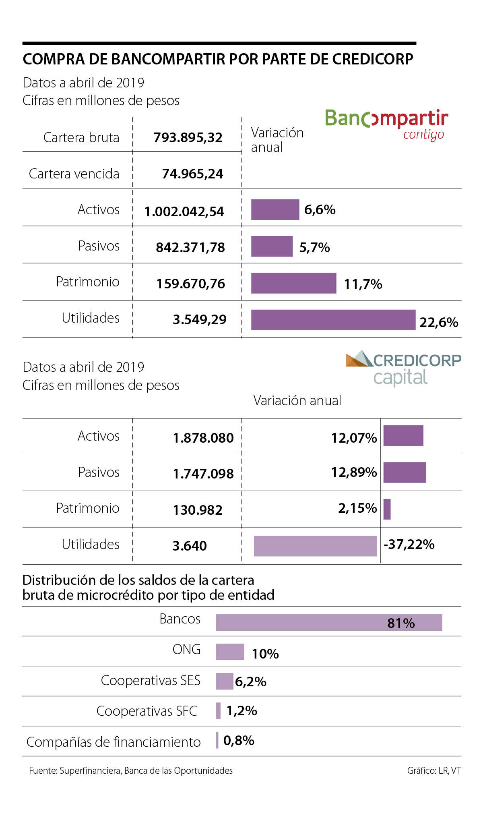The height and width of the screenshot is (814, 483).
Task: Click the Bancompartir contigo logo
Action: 386,124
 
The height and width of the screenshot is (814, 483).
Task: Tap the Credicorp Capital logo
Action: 403,368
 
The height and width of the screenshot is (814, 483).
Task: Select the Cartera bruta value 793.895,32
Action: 188,138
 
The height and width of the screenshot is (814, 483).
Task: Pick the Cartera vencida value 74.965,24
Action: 192,174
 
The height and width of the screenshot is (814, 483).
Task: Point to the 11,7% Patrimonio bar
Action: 293,283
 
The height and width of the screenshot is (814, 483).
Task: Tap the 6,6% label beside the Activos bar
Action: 320,210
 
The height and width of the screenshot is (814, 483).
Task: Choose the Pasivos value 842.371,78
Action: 190,247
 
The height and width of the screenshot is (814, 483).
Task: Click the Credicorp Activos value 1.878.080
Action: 203,438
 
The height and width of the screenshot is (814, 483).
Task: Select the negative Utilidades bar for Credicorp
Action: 315,546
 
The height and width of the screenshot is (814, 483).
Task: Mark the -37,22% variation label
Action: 409,545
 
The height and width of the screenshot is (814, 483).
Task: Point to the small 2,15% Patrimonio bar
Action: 387,509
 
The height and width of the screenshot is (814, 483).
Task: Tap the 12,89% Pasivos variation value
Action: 354,472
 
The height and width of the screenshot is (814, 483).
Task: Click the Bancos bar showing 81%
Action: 328,622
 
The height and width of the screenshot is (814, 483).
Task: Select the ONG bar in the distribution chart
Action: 230,652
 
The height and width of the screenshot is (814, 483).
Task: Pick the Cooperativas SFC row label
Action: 147,711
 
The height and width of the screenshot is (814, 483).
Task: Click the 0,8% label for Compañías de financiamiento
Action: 239,740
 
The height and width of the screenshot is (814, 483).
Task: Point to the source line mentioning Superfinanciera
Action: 131,771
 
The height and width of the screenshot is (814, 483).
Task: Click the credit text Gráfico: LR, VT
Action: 434,771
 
